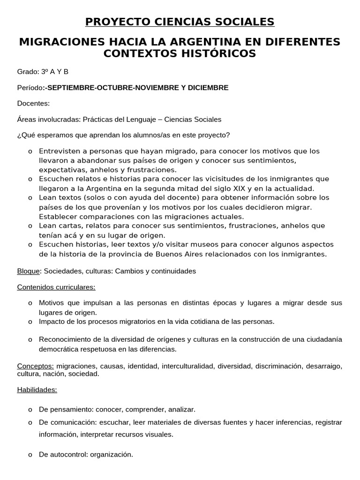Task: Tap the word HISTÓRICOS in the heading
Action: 217,53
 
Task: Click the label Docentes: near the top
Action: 33,104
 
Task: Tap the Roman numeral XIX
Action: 253,188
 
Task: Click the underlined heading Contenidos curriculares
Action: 56,287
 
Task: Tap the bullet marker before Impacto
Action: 30,322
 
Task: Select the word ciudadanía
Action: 323,339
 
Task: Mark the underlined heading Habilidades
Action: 37,390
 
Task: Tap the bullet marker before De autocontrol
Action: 30,455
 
